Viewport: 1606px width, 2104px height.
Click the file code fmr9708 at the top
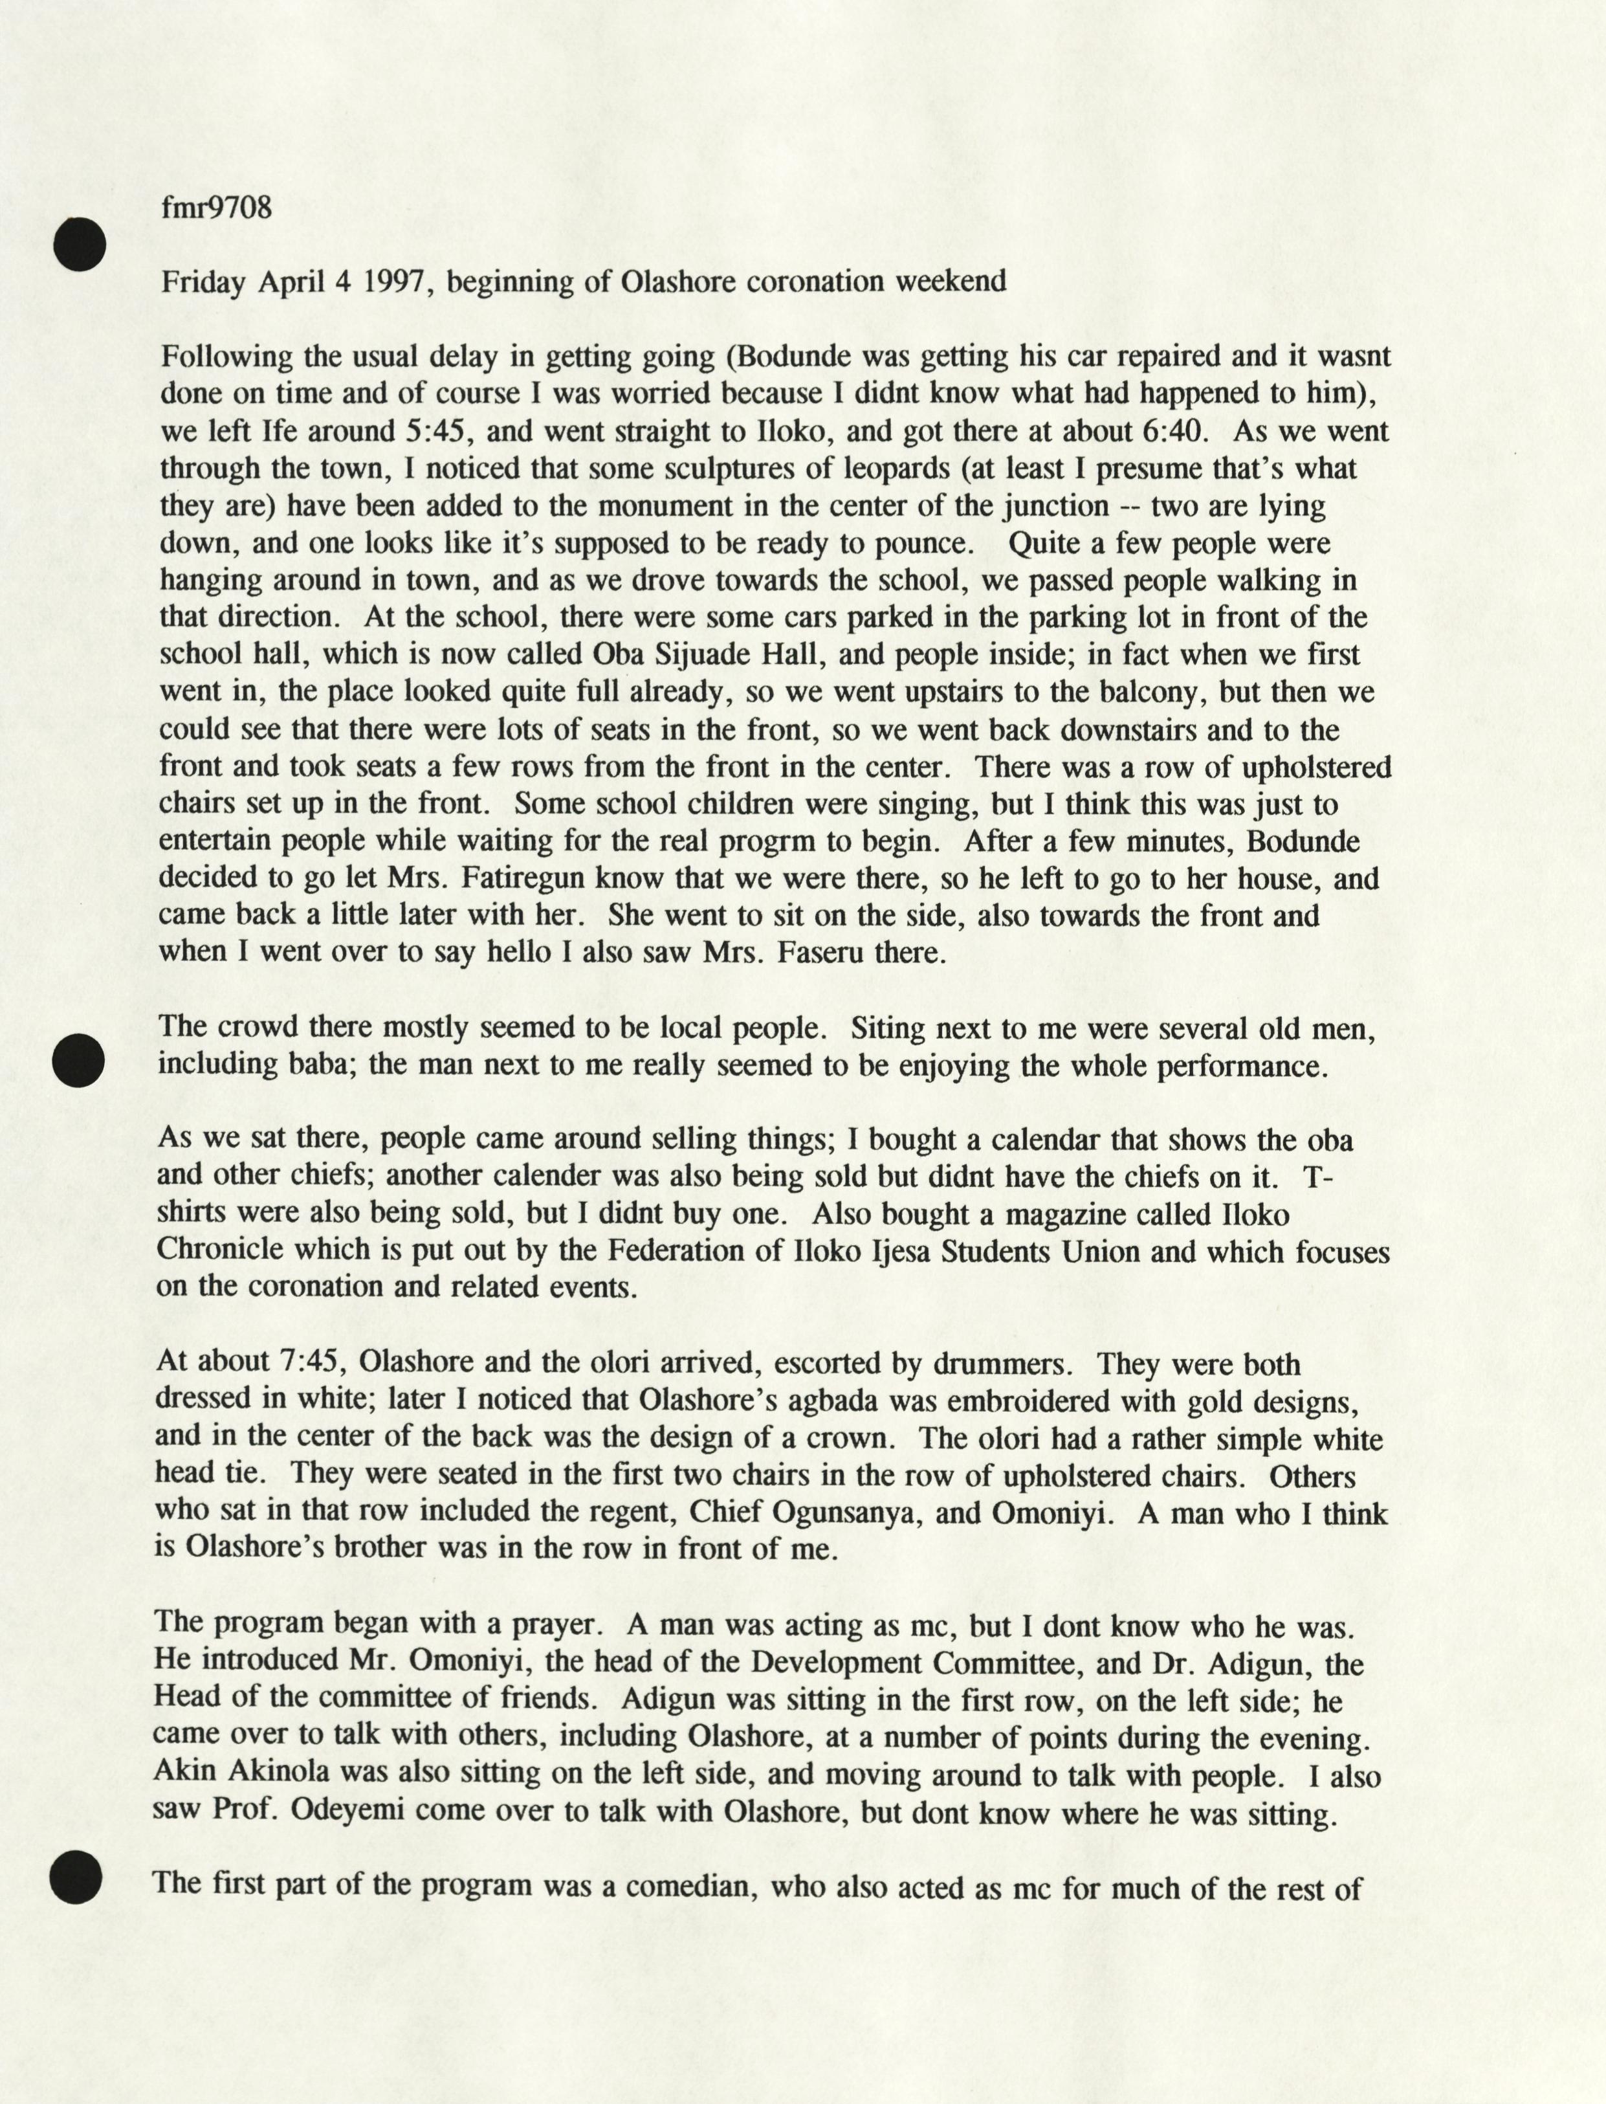pos(216,208)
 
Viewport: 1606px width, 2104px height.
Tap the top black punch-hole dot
pos(80,244)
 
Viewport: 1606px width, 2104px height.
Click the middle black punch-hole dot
pos(78,1061)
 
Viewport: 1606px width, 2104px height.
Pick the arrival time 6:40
pos(1175,430)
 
